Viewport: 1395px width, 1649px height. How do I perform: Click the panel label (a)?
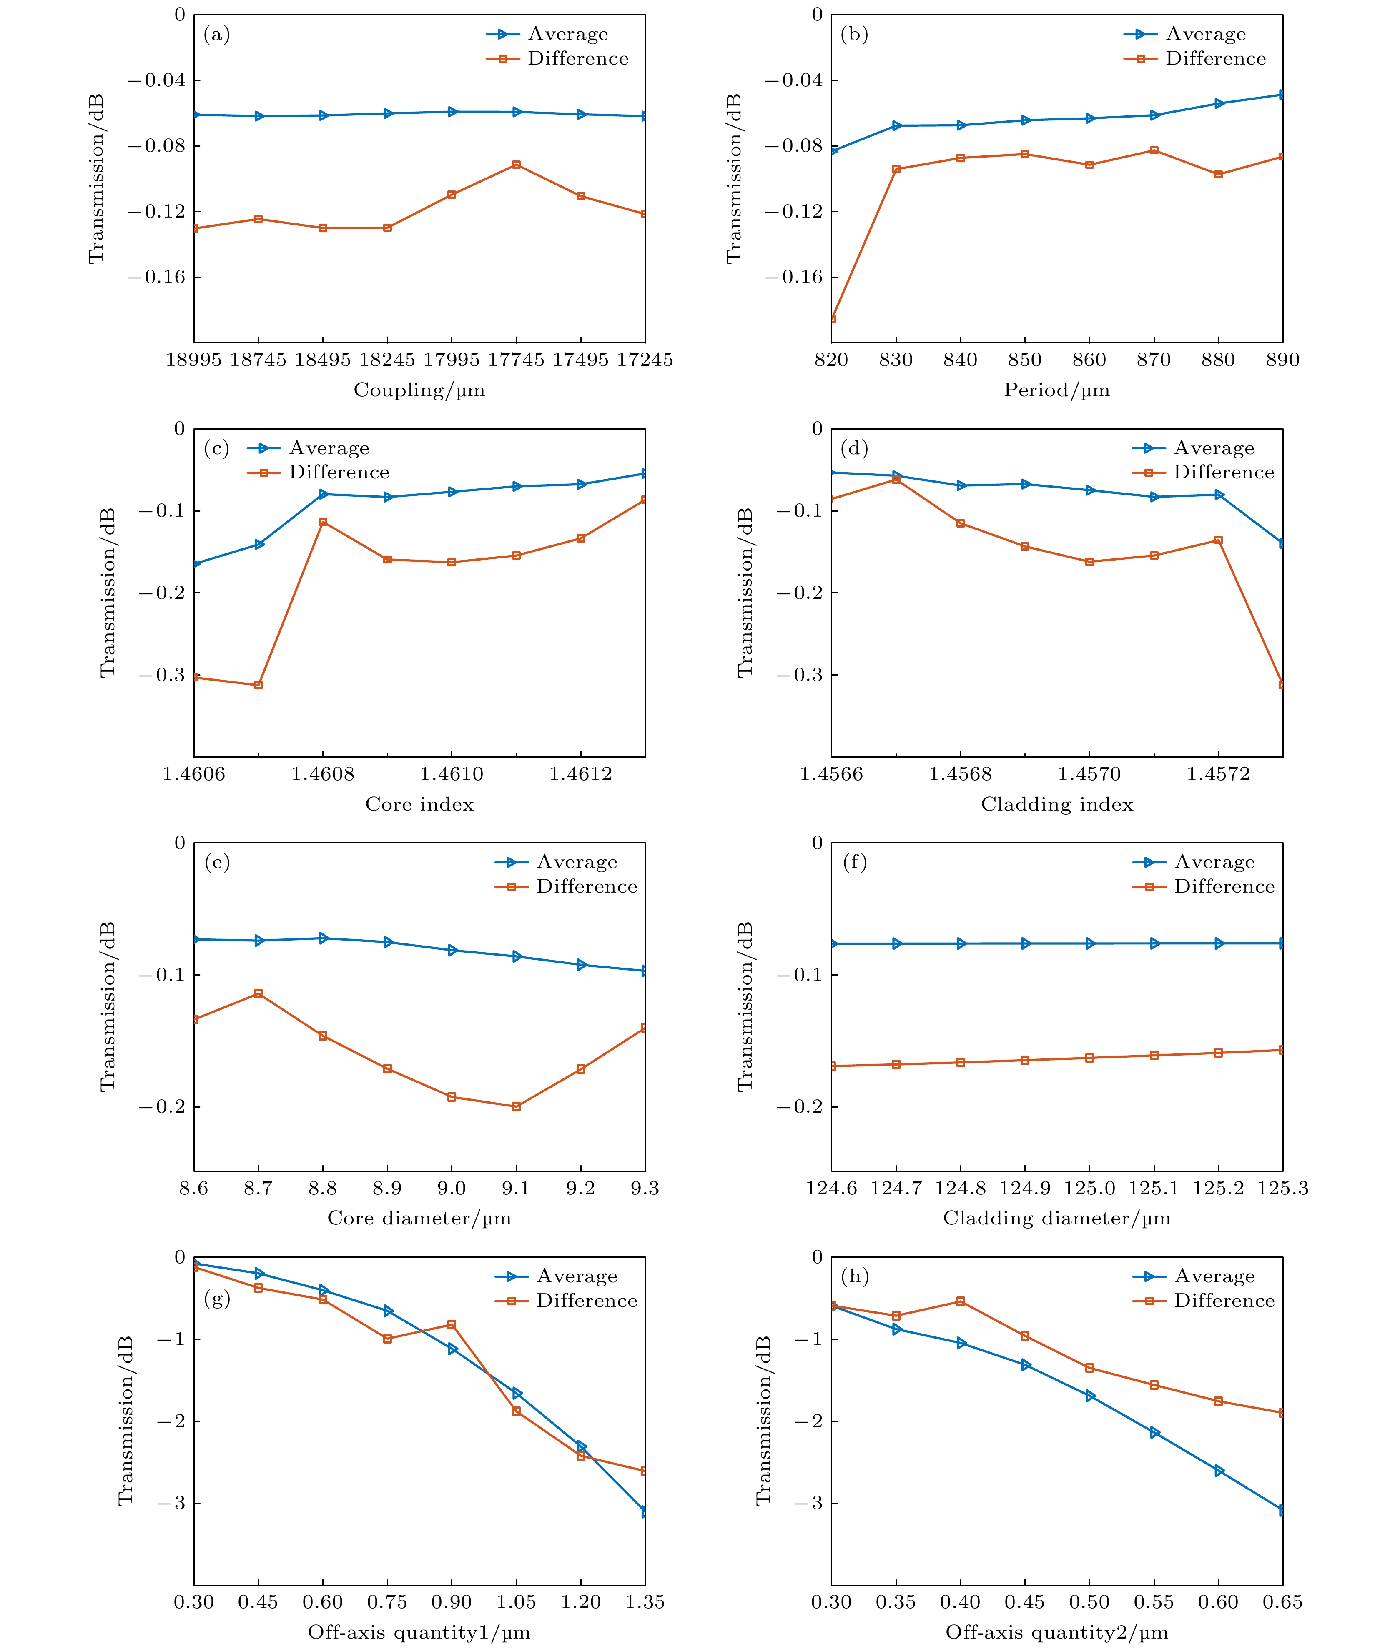(217, 34)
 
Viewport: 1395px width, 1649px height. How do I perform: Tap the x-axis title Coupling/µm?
(419, 390)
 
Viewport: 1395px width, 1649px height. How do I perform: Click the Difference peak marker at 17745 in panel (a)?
(517, 165)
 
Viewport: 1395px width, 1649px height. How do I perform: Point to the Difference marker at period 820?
(832, 318)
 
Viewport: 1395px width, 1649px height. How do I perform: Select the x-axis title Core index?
(419, 804)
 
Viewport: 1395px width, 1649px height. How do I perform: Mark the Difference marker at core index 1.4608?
(323, 522)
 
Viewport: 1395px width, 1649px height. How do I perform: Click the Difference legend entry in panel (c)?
(318, 472)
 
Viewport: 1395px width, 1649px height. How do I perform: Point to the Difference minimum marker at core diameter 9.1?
(517, 1107)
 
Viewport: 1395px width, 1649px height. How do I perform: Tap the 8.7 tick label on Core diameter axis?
(258, 1188)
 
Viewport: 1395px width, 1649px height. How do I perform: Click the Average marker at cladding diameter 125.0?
(1090, 943)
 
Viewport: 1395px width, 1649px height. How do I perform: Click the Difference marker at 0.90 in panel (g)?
(452, 1324)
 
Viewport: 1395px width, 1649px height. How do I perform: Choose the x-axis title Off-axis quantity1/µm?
(419, 1631)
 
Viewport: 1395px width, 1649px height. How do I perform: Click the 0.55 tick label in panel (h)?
(1154, 1602)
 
